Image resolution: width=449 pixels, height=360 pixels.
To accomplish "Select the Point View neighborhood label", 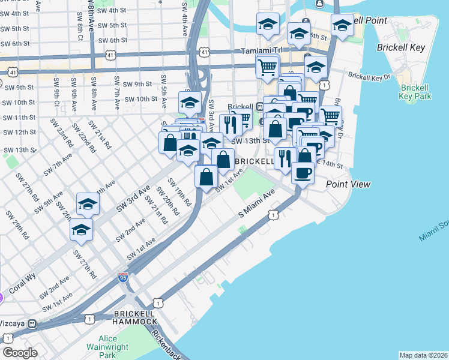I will [348, 184].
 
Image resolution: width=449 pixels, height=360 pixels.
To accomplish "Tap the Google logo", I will [20, 352].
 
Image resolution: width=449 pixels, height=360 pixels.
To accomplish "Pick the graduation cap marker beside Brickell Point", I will [342, 26].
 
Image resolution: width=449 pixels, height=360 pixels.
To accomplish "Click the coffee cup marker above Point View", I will [303, 173].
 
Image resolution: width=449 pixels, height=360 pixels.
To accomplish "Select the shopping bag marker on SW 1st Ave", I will [206, 177].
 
